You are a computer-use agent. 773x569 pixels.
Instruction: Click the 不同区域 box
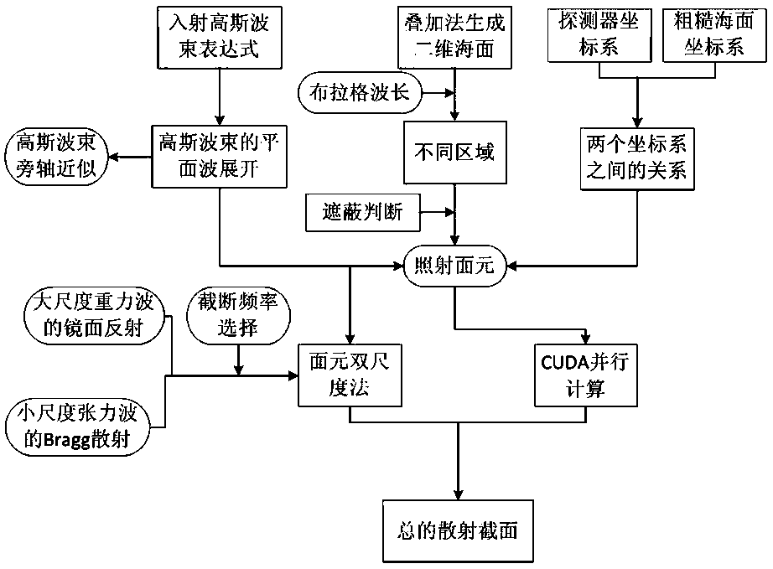point(453,153)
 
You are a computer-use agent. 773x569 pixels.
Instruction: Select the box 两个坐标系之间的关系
point(636,155)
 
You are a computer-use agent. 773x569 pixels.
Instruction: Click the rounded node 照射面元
point(454,267)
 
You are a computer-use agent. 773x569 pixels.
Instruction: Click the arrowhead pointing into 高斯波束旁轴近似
point(117,156)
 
